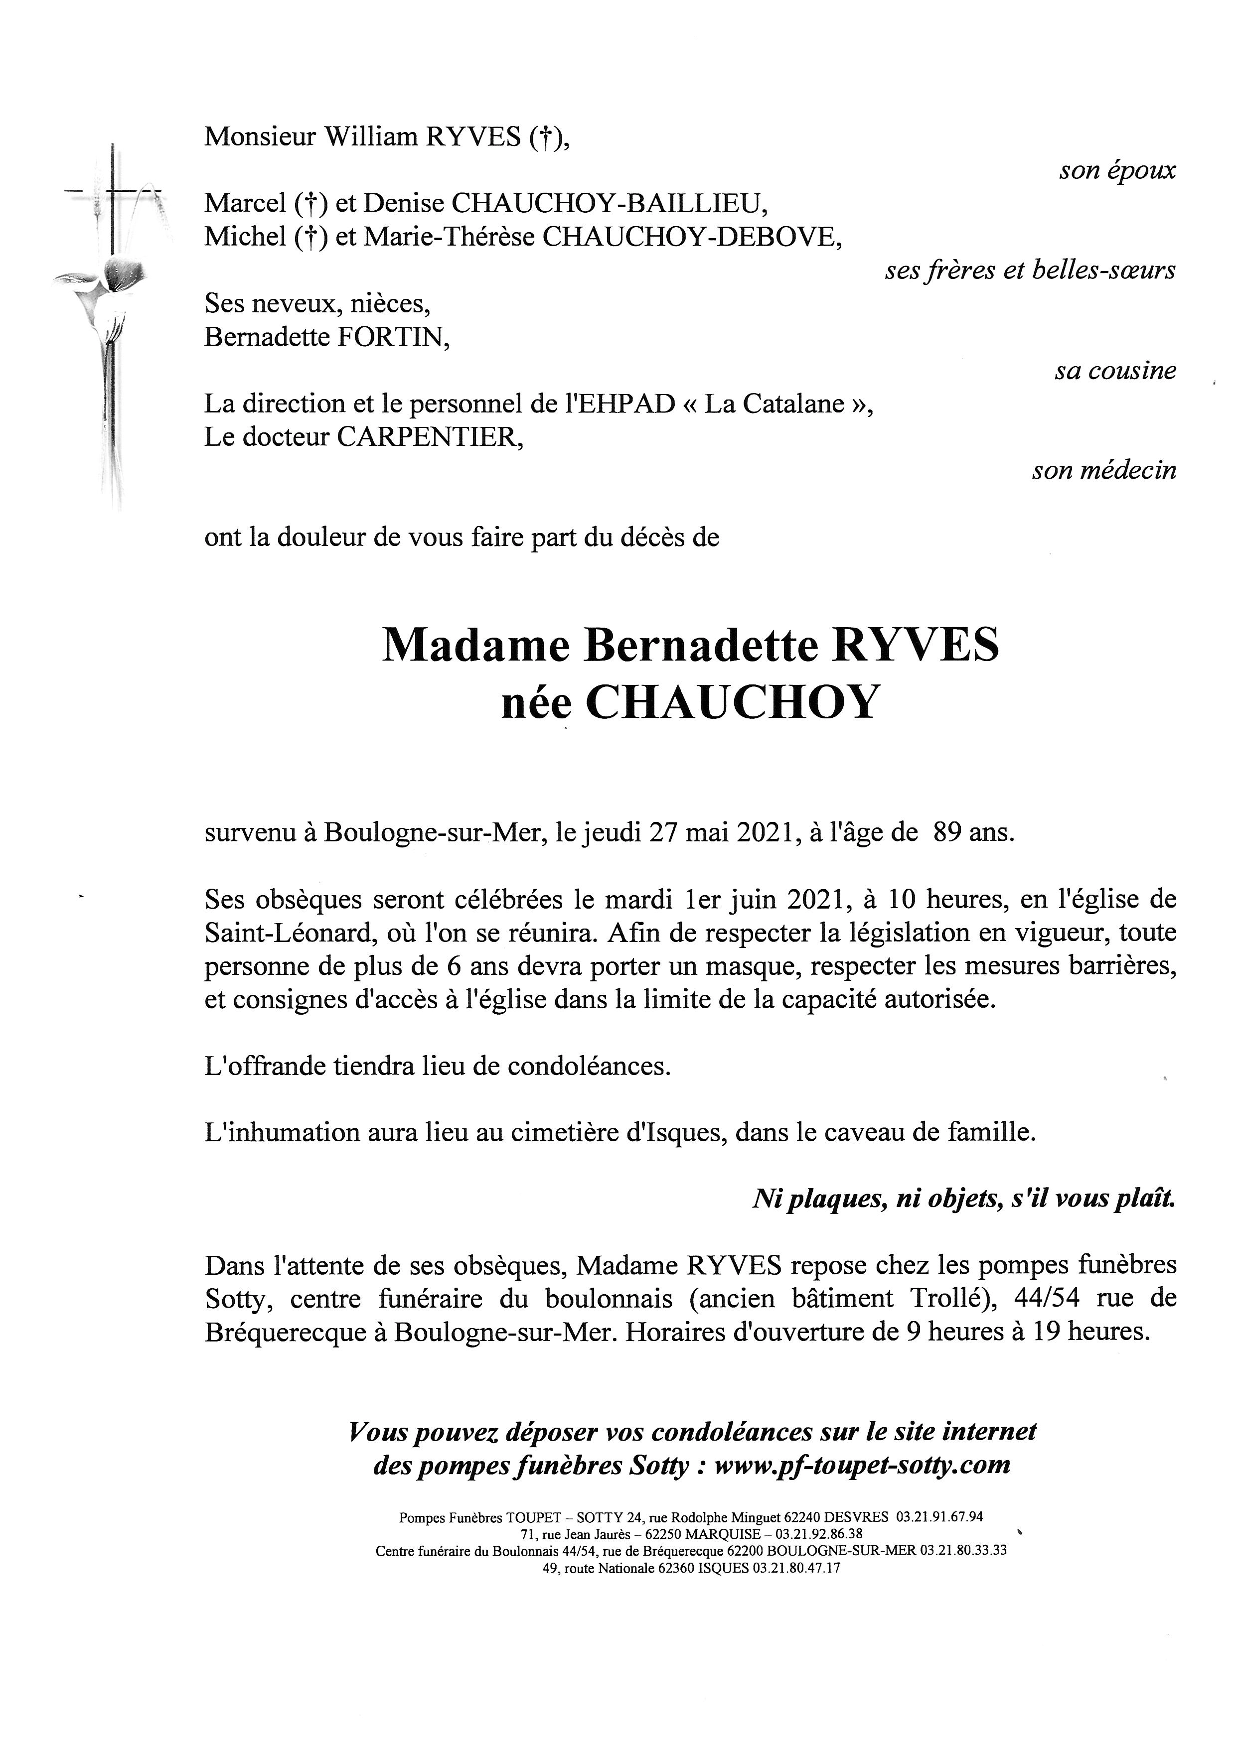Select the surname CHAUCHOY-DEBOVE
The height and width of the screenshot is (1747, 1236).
[691, 238]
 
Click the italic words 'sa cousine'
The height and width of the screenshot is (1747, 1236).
[1115, 371]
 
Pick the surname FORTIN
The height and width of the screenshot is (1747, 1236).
[395, 337]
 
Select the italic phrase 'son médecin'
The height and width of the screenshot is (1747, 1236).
[1103, 471]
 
